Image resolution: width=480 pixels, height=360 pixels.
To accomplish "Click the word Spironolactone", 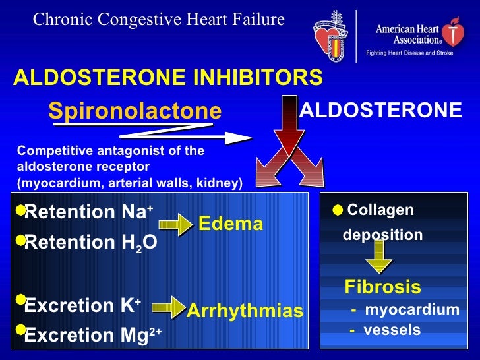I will (135, 111).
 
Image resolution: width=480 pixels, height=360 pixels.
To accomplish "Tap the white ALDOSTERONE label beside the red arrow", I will (380, 110).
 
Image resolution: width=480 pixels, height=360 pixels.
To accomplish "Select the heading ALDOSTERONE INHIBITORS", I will (168, 78).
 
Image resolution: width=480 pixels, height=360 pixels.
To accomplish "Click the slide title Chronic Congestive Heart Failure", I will (159, 20).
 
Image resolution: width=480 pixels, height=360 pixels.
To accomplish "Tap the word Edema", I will (231, 224).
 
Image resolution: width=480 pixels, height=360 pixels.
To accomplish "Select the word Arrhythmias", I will (245, 311).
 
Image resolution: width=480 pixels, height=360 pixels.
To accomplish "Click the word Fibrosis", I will (382, 287).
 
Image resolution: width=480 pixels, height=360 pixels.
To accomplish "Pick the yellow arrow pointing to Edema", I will (175, 225).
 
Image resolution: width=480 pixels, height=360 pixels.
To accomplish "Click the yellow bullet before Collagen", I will (338, 210).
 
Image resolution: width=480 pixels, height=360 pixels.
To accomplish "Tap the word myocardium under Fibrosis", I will (411, 310).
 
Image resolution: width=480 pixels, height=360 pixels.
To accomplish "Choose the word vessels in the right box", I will (392, 330).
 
